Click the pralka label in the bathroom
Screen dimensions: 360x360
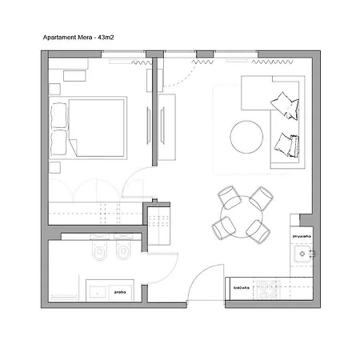click(x=121, y=292)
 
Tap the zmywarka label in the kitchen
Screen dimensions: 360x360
click(x=302, y=237)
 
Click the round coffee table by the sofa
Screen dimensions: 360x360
click(x=247, y=137)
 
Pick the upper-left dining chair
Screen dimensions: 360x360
click(x=226, y=196)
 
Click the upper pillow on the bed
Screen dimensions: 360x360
click(x=59, y=116)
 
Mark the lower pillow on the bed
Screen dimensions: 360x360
click(x=59, y=142)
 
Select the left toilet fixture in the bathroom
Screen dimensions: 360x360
click(x=98, y=254)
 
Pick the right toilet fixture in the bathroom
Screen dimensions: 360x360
click(x=122, y=254)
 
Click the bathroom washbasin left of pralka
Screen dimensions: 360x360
click(x=97, y=290)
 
